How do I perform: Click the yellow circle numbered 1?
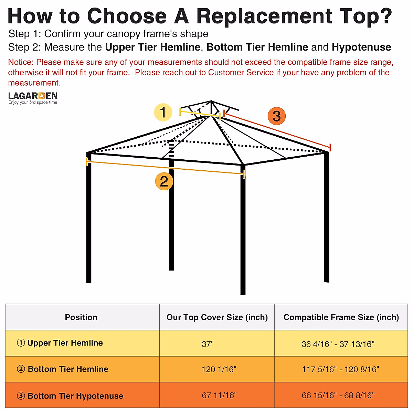click(163, 113)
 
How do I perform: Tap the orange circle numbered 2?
click(164, 181)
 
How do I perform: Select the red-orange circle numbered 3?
click(277, 116)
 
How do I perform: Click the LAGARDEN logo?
click(33, 98)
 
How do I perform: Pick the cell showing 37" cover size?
click(208, 344)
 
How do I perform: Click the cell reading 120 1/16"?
click(219, 370)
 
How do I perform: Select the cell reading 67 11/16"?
click(219, 395)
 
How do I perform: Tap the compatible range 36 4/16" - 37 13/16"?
click(338, 344)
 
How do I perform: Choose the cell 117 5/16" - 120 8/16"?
click(340, 370)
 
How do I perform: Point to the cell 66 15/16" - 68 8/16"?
click(338, 395)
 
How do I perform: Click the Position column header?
click(81, 317)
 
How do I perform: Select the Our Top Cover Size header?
click(217, 317)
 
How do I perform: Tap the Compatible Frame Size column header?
click(341, 317)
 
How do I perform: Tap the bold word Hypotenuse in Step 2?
click(361, 47)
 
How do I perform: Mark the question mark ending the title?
click(386, 16)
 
